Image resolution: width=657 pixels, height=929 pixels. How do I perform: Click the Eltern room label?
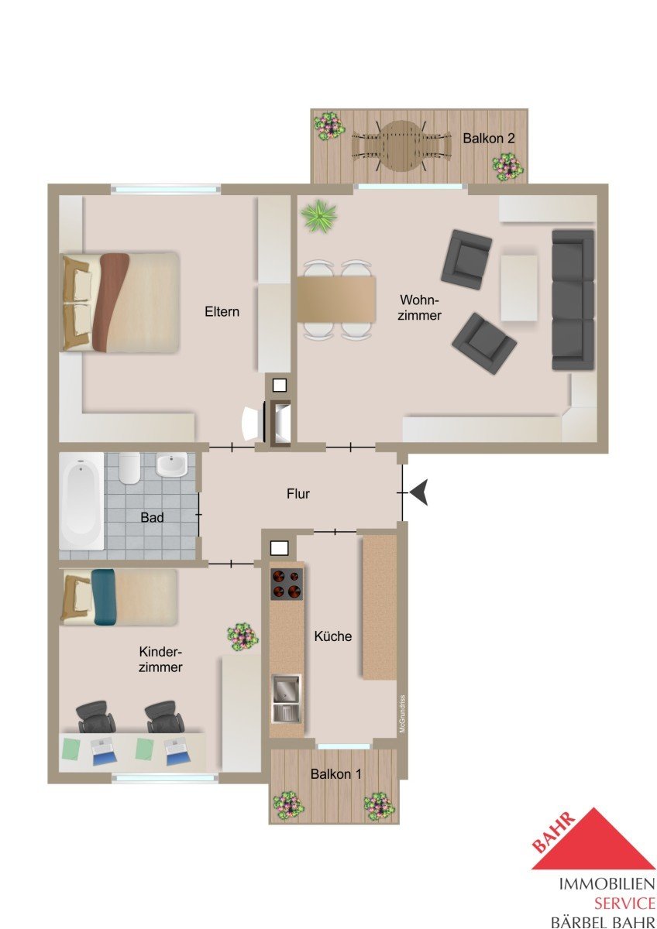[x=222, y=311]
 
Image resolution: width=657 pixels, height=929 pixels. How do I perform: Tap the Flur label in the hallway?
[x=298, y=494]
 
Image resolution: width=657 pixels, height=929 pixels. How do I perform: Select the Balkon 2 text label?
[x=489, y=138]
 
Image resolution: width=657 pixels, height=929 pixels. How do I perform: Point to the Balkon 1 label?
[x=335, y=774]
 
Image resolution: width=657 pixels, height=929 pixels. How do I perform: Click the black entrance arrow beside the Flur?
[x=419, y=492]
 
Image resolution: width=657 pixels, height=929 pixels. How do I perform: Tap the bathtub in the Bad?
[x=81, y=501]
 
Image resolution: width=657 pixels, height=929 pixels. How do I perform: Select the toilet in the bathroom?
[x=129, y=468]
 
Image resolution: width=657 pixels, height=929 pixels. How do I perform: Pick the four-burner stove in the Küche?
[x=287, y=584]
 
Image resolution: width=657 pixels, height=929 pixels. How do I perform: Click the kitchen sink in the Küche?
[x=286, y=699]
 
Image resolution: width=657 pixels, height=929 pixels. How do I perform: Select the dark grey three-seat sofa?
[x=573, y=300]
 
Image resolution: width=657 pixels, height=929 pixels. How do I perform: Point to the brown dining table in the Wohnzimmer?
[x=336, y=300]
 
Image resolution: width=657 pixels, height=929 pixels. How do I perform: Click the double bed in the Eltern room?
[x=120, y=303]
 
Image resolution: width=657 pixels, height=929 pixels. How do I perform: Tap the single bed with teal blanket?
[x=119, y=597]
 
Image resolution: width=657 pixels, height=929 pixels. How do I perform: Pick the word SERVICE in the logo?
[x=624, y=902]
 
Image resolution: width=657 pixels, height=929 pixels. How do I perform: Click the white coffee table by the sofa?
[x=519, y=288]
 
